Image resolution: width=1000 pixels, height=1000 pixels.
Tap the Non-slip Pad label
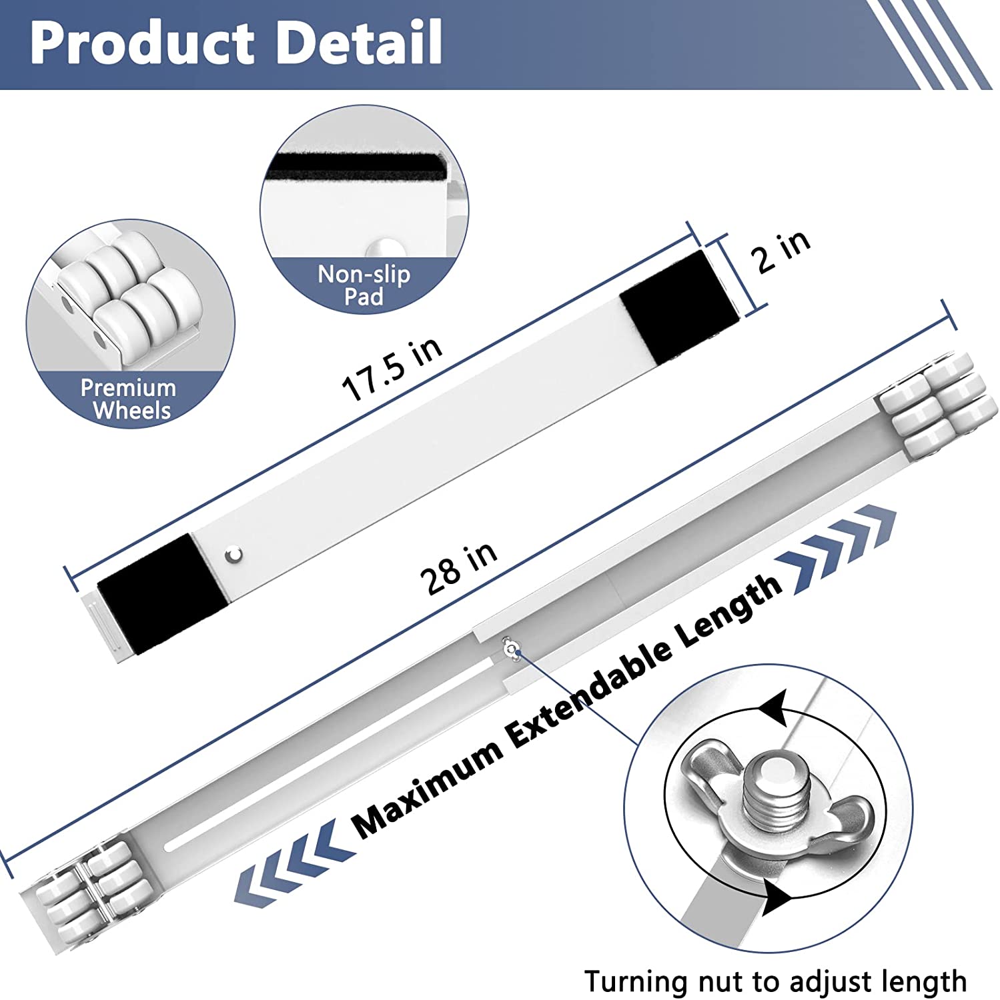364,285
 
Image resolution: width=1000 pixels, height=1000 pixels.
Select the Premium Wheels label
129,399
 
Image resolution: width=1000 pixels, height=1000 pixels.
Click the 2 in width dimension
783,251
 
